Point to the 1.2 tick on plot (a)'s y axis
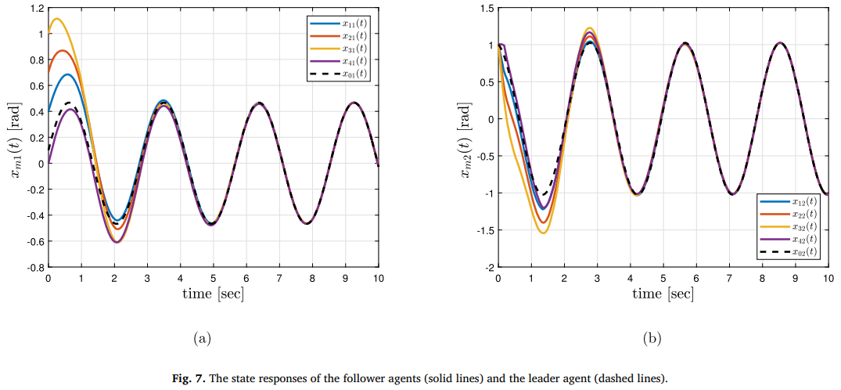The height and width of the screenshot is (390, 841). (x=36, y=9)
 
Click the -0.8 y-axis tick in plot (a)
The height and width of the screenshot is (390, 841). (x=34, y=267)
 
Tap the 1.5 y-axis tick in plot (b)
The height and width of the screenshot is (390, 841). (x=486, y=9)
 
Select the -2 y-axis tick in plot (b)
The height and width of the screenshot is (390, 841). (x=489, y=267)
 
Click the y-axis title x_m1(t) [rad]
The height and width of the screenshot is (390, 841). (x=16, y=138)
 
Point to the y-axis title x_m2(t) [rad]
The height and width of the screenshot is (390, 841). (x=466, y=138)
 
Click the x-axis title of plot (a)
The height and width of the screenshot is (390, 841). (x=213, y=294)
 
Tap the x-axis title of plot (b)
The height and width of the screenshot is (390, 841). (x=663, y=294)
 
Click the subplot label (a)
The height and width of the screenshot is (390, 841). (x=202, y=338)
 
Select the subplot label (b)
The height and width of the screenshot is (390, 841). (x=652, y=338)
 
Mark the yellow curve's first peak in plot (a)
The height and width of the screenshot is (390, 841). (x=56, y=19)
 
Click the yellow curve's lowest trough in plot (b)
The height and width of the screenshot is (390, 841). (x=543, y=233)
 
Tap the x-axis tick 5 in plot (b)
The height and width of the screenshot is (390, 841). (x=663, y=277)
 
